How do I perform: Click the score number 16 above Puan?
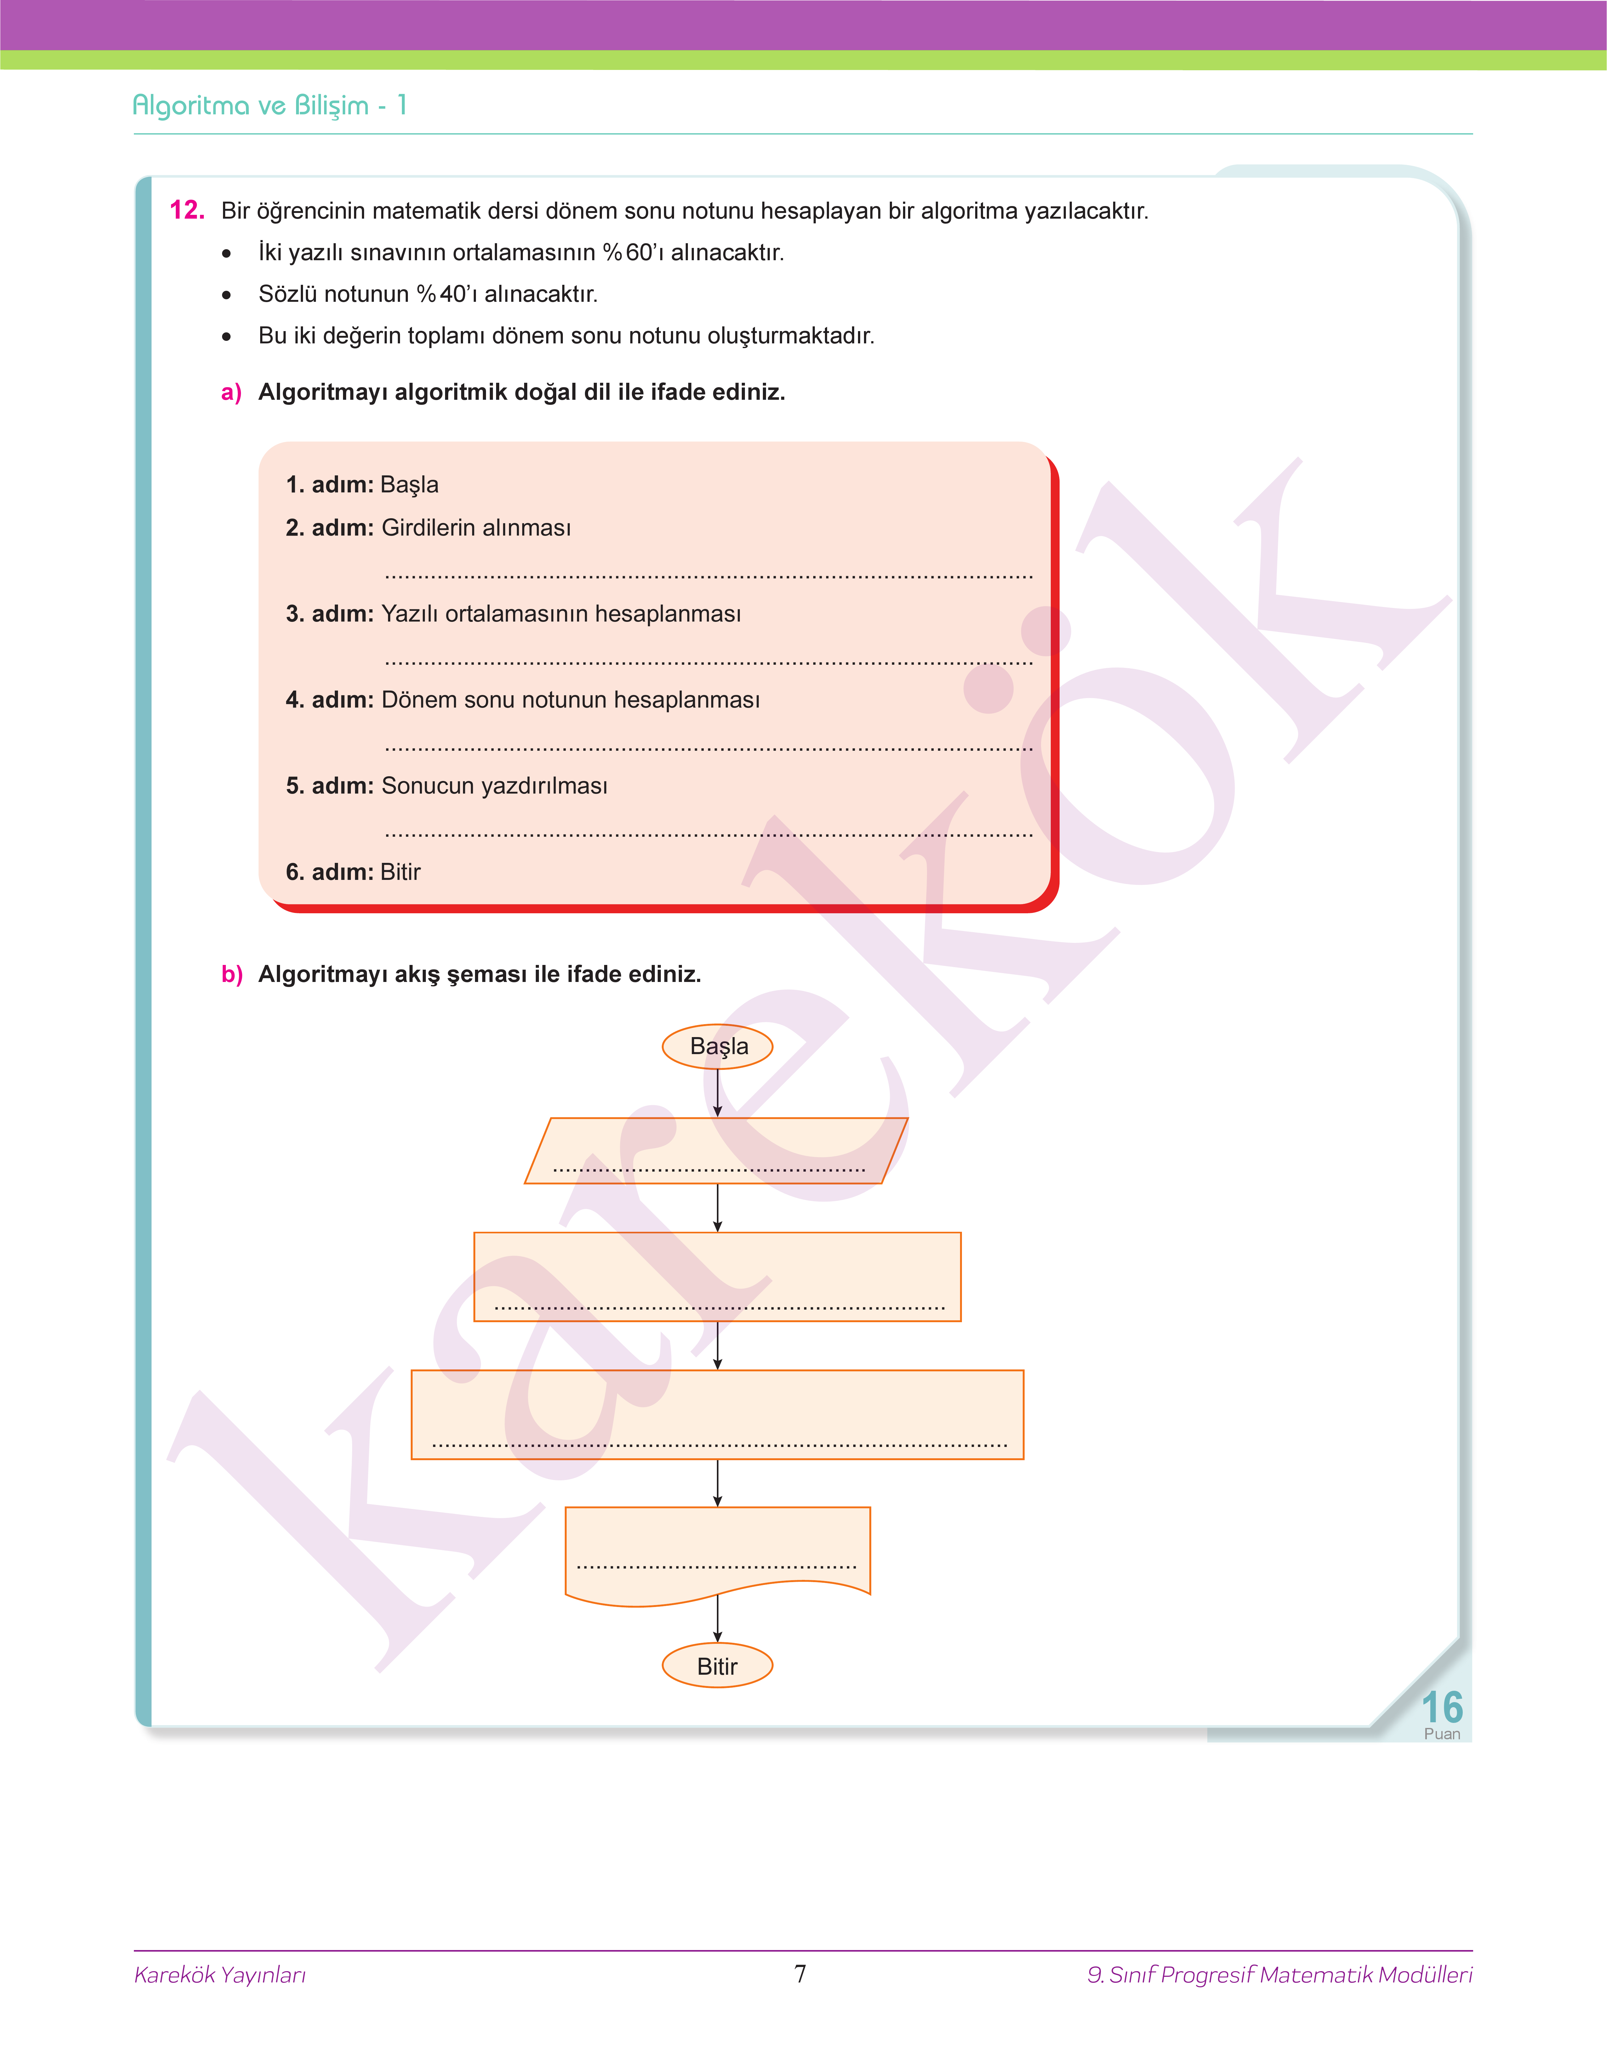(1441, 1707)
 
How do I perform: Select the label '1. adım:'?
(329, 485)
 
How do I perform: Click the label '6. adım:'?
(329, 872)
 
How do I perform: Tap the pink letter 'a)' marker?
(232, 392)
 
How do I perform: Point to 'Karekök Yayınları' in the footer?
(220, 1974)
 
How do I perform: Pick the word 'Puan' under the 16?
(1441, 1734)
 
